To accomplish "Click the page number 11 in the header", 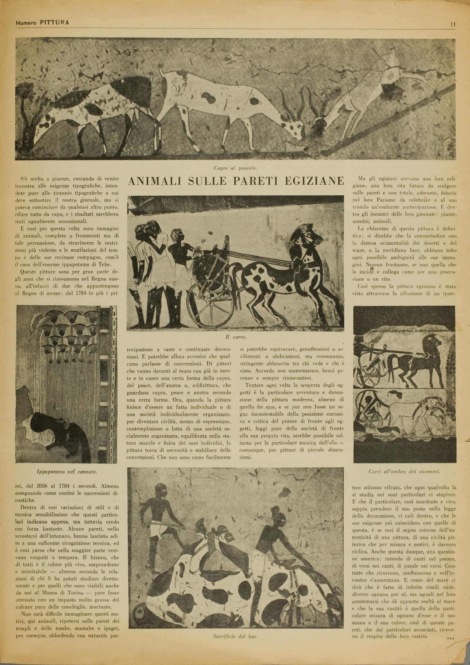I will tap(453, 25).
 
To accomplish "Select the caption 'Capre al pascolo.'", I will tap(236, 168).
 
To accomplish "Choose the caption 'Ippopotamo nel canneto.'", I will tap(67, 472).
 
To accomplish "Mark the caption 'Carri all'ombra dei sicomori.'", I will tap(404, 471).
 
